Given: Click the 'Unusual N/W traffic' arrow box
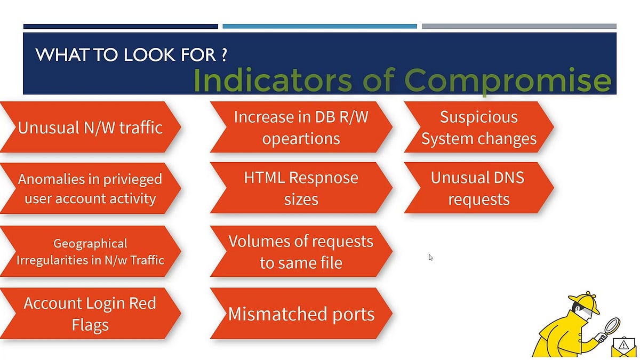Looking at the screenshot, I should pyautogui.click(x=90, y=127).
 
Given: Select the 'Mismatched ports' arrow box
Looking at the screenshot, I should pyautogui.click(x=301, y=314).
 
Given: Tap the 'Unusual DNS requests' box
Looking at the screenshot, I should pyautogui.click(x=478, y=188).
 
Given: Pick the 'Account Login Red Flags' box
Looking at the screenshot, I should pyautogui.click(x=90, y=314).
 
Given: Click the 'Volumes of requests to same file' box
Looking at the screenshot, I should pyautogui.click(x=301, y=251).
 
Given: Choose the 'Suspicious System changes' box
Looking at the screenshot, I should pyautogui.click(x=478, y=127).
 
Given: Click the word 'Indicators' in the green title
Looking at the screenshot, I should pyautogui.click(x=272, y=80).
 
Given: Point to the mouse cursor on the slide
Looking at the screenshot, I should pyautogui.click(x=430, y=257).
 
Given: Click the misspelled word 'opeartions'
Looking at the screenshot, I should pyautogui.click(x=301, y=139).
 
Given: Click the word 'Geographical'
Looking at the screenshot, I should pyautogui.click(x=90, y=243).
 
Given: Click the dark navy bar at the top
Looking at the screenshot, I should pyautogui.click(x=121, y=26).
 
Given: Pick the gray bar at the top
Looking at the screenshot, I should pyautogui.click(x=519, y=26).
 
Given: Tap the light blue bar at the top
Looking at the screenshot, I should pyautogui.click(x=319, y=26).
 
